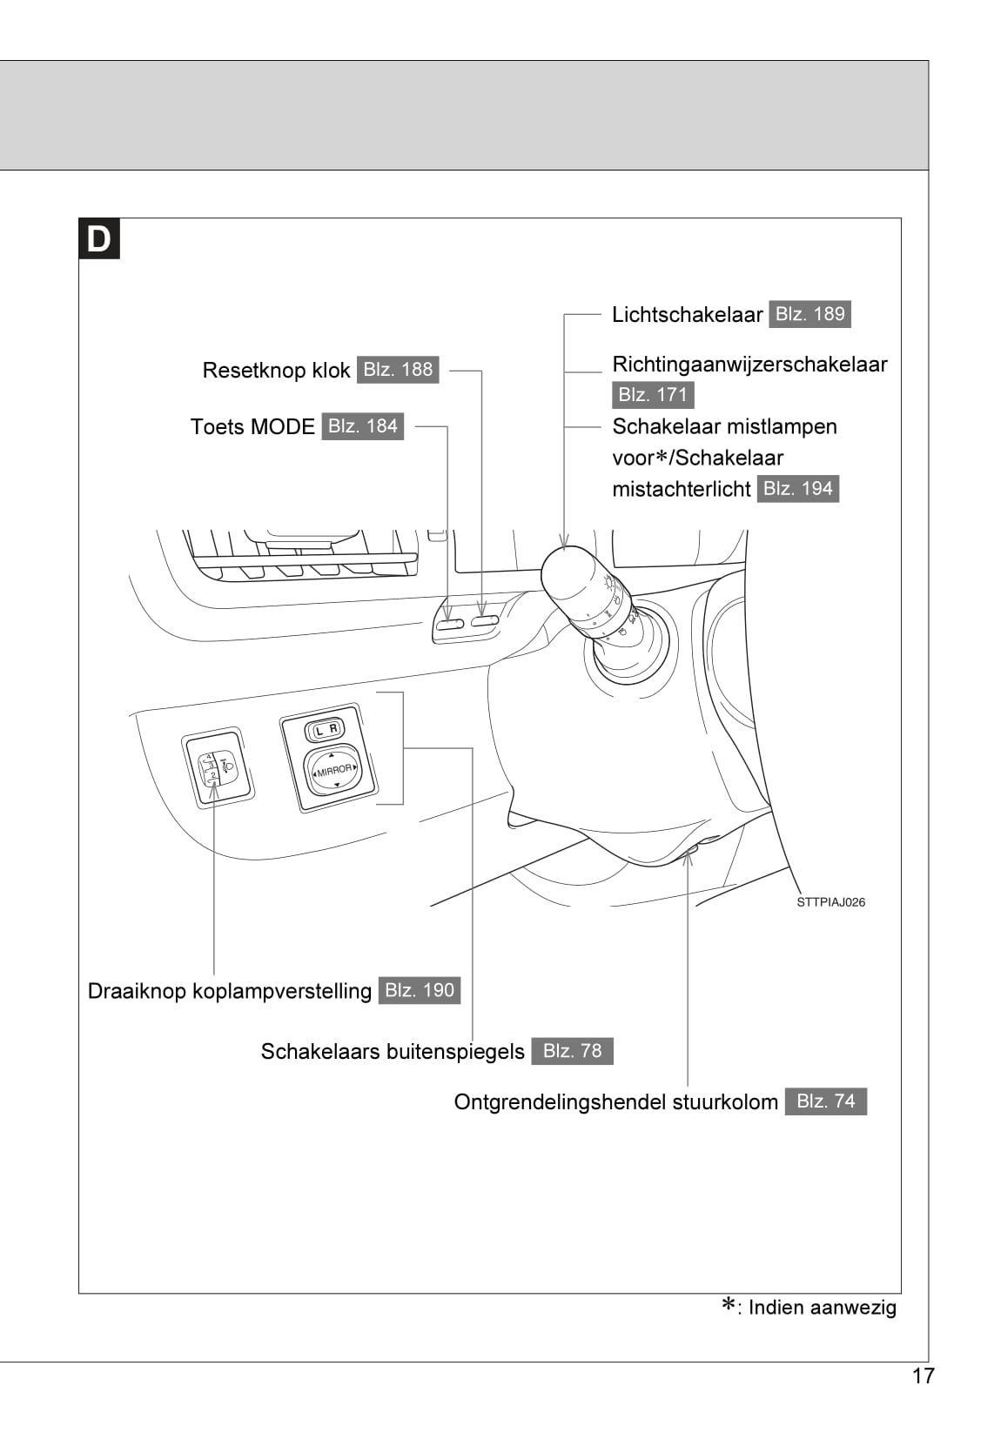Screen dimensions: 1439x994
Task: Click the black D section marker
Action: pyautogui.click(x=99, y=239)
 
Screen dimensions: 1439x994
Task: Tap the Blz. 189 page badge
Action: pyautogui.click(x=809, y=314)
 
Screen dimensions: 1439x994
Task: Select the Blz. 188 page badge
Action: pyautogui.click(x=398, y=370)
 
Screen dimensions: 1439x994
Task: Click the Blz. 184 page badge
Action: pyautogui.click(x=362, y=426)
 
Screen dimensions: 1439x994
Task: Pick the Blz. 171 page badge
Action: pyautogui.click(x=653, y=395)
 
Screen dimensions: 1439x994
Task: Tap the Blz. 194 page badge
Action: pyautogui.click(x=797, y=489)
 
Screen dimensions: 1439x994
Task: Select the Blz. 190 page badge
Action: pyautogui.click(x=420, y=991)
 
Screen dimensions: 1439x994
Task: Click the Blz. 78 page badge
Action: pyautogui.click(x=572, y=1051)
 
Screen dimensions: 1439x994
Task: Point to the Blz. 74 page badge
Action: pyautogui.click(x=825, y=1101)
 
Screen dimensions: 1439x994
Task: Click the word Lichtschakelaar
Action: pyautogui.click(x=687, y=315)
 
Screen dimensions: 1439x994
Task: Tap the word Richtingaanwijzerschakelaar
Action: pyautogui.click(x=749, y=365)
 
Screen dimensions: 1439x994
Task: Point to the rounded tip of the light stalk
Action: pyautogui.click(x=568, y=575)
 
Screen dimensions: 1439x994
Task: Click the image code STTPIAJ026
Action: pyautogui.click(x=830, y=902)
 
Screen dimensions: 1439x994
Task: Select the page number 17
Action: pyautogui.click(x=923, y=1375)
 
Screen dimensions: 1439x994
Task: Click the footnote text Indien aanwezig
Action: pyautogui.click(x=822, y=1308)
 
